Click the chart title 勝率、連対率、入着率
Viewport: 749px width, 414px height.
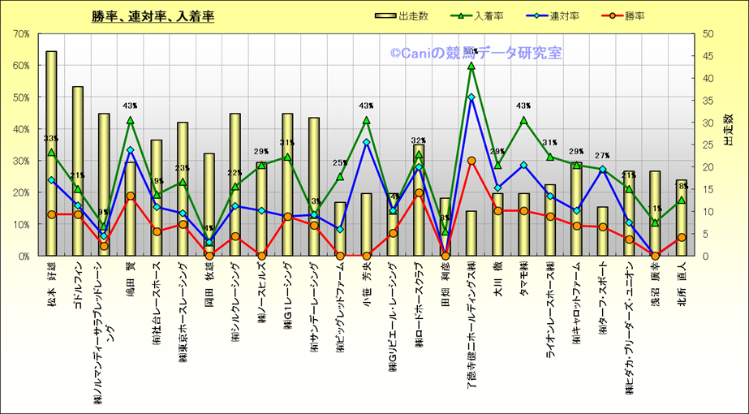click(153, 16)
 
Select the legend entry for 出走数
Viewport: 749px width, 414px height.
click(403, 15)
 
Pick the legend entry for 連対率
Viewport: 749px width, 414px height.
click(553, 15)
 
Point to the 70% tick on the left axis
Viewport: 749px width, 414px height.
click(22, 34)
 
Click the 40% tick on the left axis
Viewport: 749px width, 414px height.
click(22, 129)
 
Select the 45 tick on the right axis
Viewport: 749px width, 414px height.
click(708, 56)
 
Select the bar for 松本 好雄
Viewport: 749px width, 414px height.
click(51, 154)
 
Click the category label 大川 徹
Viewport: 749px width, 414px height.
click(497, 284)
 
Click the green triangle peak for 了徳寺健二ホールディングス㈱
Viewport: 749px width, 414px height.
click(471, 66)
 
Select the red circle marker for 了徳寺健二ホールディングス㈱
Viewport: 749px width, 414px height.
click(471, 161)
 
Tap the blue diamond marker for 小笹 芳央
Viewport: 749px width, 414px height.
click(366, 142)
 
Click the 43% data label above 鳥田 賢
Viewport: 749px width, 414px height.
click(130, 106)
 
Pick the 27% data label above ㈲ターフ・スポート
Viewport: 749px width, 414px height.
click(602, 156)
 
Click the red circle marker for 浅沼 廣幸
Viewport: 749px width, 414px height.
click(655, 256)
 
